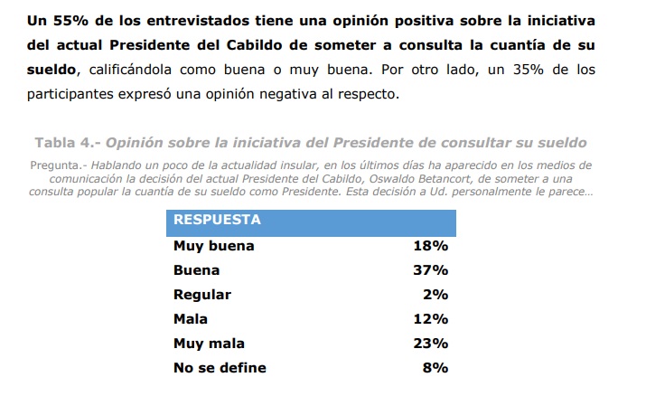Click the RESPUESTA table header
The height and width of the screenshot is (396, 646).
tap(217, 220)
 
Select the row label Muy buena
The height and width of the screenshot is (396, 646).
tap(213, 246)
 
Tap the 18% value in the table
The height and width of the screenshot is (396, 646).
tap(430, 246)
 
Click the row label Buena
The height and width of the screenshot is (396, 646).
tap(196, 270)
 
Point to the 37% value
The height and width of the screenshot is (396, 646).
tap(430, 270)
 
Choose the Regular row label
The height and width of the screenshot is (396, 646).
tap(202, 295)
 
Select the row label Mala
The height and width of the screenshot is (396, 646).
tap(191, 319)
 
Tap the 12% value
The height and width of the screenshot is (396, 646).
tap(430, 319)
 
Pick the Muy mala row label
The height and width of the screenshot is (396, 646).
tap(209, 344)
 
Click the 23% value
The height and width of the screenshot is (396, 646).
tap(430, 344)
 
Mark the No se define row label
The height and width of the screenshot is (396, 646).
tap(220, 368)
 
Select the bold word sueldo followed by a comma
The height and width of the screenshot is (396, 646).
tap(54, 70)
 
